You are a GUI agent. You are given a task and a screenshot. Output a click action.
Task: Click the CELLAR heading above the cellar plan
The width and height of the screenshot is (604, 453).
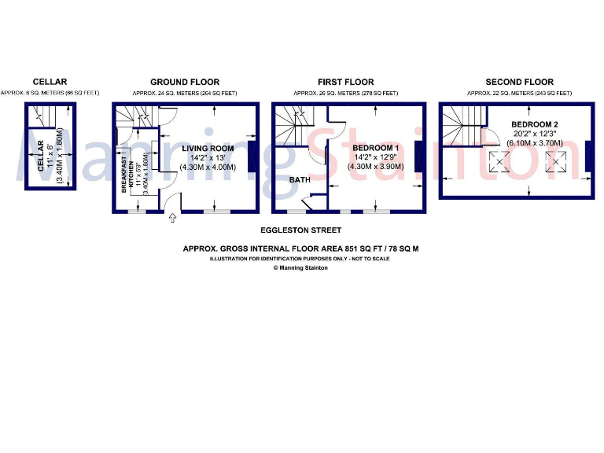50,82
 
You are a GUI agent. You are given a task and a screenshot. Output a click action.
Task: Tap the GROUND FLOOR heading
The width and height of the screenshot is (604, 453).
185,82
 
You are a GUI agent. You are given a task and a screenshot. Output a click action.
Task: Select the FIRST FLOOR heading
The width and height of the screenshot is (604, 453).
345,82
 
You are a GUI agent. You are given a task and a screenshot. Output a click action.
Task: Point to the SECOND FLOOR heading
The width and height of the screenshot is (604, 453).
519,82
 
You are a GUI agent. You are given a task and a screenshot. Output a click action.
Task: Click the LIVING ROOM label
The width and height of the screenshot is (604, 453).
208,148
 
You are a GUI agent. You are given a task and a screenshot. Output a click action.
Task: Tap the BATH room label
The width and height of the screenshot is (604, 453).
299,180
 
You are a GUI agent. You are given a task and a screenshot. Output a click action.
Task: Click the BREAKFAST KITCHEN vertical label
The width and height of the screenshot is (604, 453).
124,175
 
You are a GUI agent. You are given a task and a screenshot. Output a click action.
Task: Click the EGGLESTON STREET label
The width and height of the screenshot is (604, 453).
301,230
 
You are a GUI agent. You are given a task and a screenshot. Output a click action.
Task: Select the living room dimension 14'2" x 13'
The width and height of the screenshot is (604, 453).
208,157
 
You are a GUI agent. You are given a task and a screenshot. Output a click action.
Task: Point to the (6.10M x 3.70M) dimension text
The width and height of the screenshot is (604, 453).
535,143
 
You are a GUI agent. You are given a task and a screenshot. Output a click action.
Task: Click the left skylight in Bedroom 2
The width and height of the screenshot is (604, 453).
498,163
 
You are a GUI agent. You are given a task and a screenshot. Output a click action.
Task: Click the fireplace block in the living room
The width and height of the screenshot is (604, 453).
252,156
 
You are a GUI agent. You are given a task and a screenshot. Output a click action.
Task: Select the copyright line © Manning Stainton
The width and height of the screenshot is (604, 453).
301,267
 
